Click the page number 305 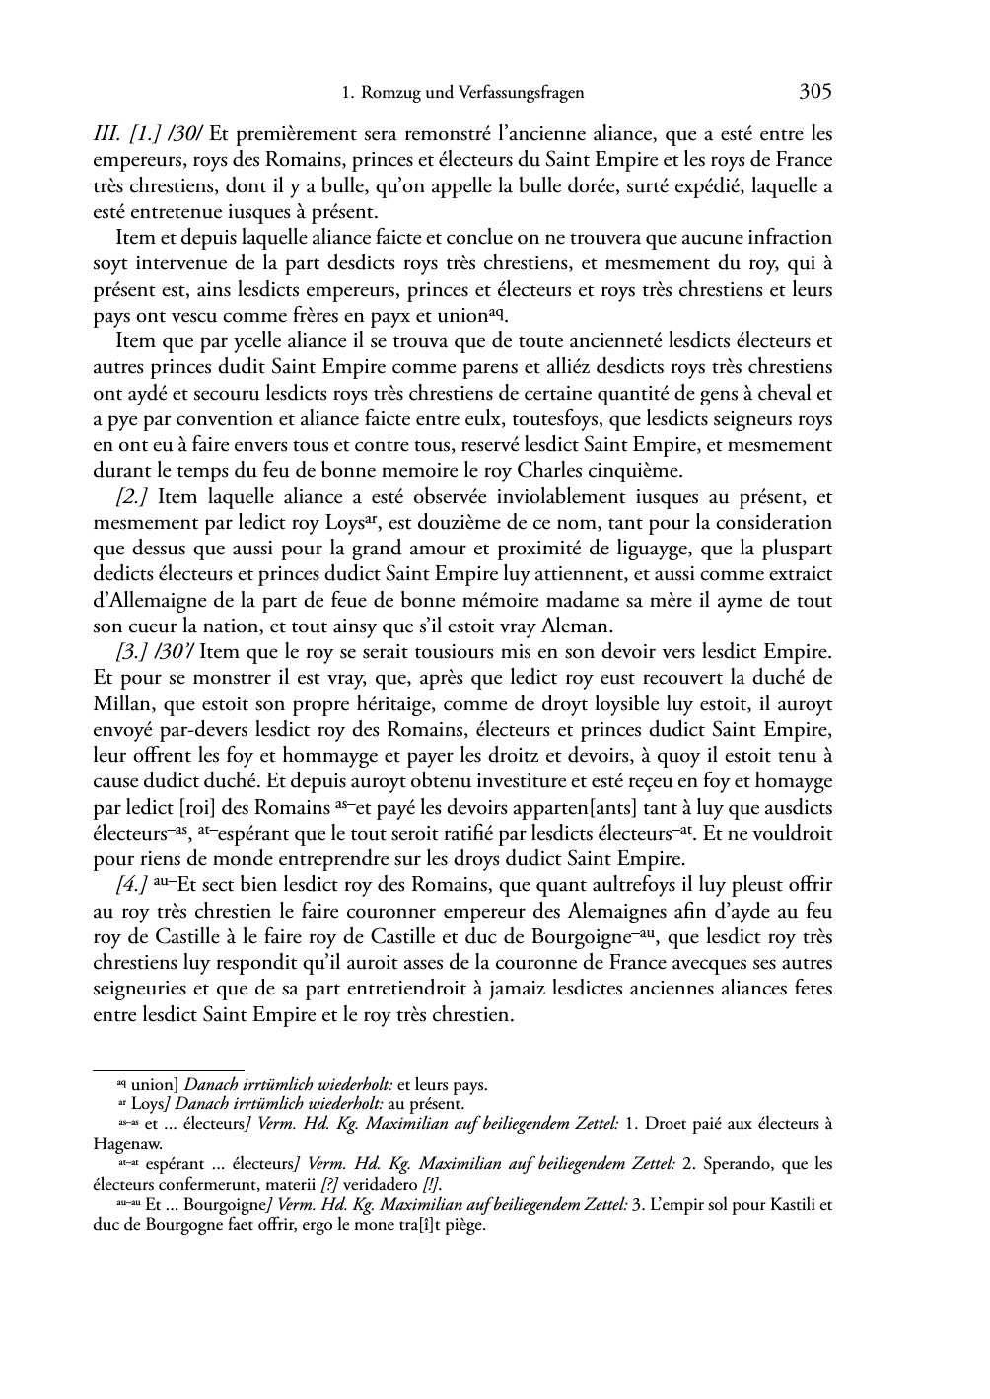point(815,92)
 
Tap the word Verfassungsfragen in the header point(524,94)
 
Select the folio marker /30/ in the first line point(184,134)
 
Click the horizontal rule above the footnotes point(168,1069)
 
